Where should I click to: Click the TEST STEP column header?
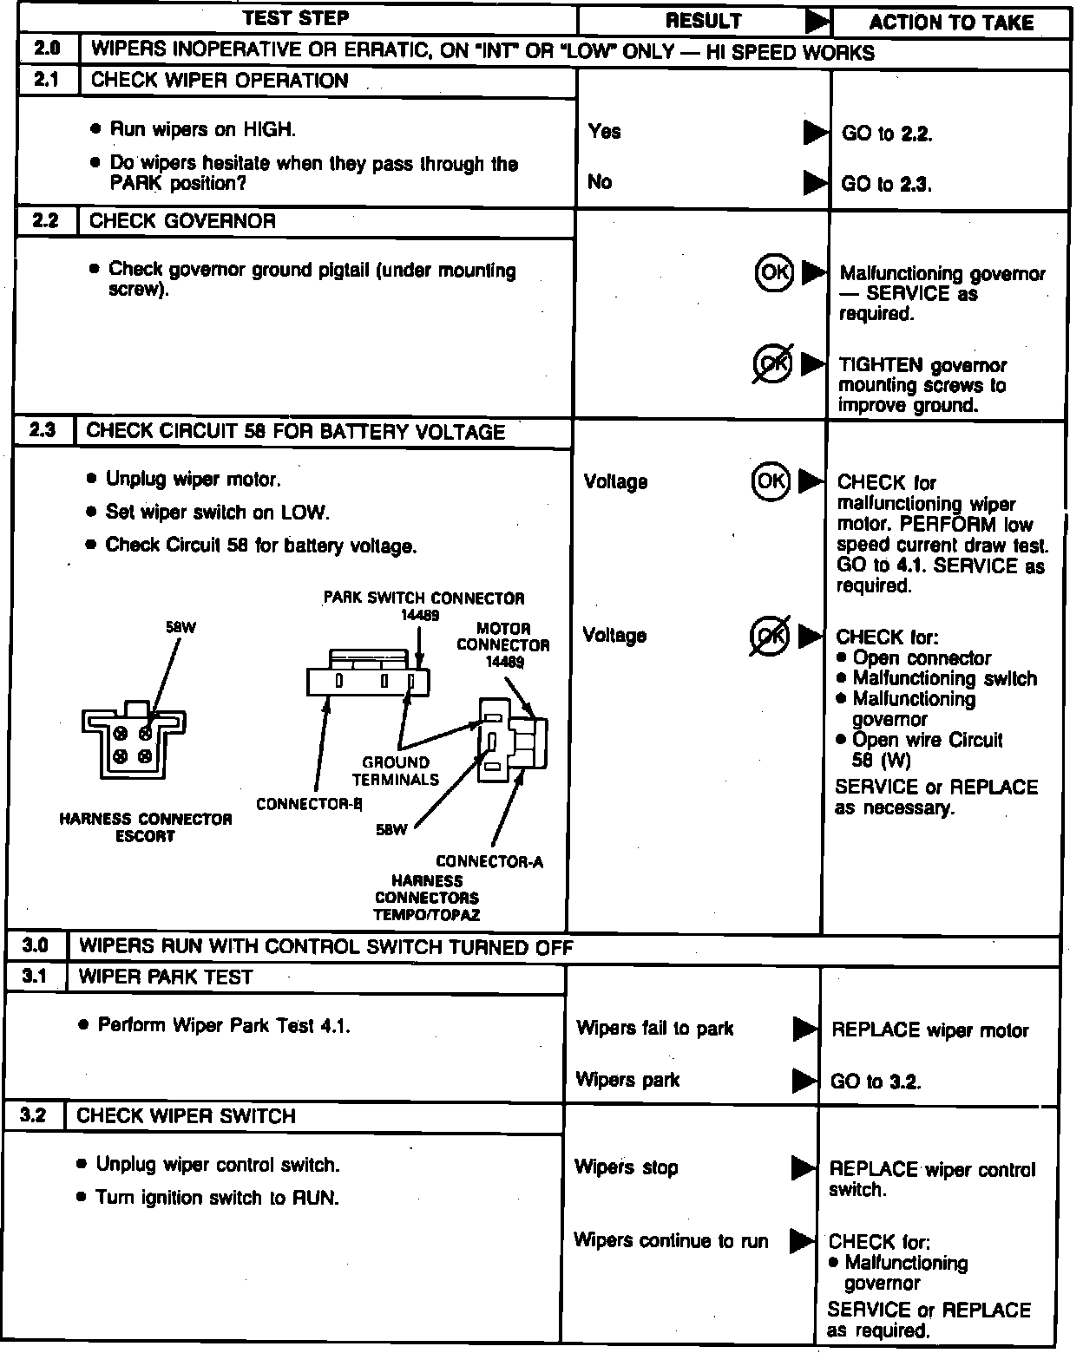tap(295, 18)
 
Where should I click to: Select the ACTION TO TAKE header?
tap(951, 23)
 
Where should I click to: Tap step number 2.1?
tap(45, 80)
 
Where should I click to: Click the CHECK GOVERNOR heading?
tap(182, 221)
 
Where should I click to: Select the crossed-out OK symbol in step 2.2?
tap(771, 363)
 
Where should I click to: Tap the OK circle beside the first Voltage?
tap(770, 480)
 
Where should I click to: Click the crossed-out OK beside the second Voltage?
tap(769, 636)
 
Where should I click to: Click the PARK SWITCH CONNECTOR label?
tap(423, 598)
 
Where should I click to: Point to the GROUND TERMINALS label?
tap(396, 770)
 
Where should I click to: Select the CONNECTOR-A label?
tap(489, 861)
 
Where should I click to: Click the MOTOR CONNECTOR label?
tap(503, 637)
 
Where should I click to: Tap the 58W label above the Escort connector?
tap(180, 627)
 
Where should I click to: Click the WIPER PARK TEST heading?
tap(165, 977)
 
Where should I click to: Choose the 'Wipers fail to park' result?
tap(654, 1029)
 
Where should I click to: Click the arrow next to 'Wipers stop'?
tap(804, 1168)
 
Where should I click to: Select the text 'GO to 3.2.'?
tap(876, 1082)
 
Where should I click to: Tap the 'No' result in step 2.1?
tap(599, 182)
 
